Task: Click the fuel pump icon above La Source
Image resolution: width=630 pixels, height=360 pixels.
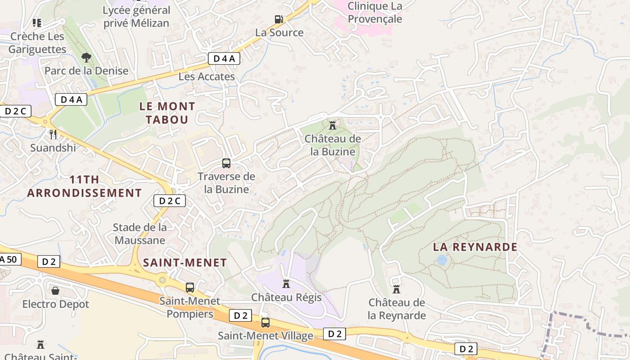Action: click(x=279, y=19)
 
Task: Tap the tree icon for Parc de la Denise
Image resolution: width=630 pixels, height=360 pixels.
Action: click(x=86, y=57)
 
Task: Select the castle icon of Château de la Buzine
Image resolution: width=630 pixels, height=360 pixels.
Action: click(x=333, y=125)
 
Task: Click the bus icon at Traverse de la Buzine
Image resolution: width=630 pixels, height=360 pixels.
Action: click(x=226, y=163)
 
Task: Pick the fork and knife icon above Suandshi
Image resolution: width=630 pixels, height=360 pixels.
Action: click(x=53, y=134)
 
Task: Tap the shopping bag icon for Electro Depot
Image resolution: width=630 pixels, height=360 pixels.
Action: click(x=55, y=291)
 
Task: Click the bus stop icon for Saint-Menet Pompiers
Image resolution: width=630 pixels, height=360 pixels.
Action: click(x=190, y=287)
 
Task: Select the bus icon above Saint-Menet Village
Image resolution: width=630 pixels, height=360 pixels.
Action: click(x=265, y=322)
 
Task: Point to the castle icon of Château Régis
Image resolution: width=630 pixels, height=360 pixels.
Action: click(x=286, y=284)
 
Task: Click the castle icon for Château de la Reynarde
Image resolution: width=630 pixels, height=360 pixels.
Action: click(x=396, y=289)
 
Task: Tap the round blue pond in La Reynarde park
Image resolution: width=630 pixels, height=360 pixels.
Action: click(x=442, y=260)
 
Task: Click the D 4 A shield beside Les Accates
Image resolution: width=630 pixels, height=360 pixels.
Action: click(x=224, y=58)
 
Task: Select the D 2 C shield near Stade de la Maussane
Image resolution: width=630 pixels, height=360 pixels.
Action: click(x=170, y=201)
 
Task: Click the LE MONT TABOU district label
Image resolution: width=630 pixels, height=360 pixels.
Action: click(x=167, y=113)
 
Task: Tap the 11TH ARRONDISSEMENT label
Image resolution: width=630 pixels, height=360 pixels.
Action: click(x=84, y=186)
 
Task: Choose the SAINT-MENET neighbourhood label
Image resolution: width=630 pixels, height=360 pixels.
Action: click(x=184, y=263)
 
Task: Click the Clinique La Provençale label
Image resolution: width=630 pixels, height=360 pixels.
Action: click(x=374, y=13)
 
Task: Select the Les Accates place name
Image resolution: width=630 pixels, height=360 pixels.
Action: click(x=207, y=76)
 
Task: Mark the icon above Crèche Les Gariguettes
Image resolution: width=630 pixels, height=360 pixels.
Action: click(x=37, y=22)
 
